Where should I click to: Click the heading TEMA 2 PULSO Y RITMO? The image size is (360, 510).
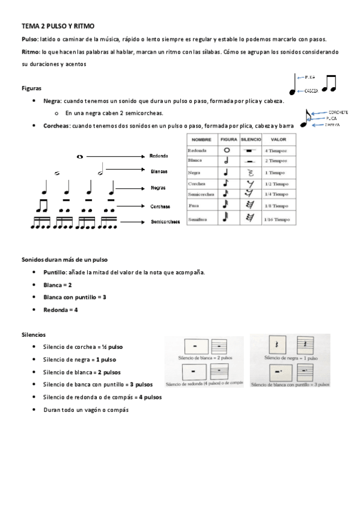tap(58, 26)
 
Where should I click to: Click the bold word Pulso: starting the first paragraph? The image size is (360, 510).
tap(30, 38)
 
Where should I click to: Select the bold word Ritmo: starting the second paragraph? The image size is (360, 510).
tap(31, 52)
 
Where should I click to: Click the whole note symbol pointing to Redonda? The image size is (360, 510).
tap(80, 156)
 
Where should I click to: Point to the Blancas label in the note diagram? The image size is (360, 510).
tap(159, 171)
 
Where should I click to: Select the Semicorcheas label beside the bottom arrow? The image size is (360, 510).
tap(165, 222)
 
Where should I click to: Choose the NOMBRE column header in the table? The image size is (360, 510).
tap(202, 139)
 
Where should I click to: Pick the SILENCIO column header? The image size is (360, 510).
tap(251, 139)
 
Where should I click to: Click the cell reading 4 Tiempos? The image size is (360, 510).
tap(275, 150)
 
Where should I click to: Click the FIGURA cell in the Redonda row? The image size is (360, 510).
tap(227, 150)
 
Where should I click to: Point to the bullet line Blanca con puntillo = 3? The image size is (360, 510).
tap(75, 297)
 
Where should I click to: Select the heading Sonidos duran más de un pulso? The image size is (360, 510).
tap(64, 259)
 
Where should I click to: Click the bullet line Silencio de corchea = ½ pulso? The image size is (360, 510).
tap(83, 347)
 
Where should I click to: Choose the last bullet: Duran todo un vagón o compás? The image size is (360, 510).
tap(86, 410)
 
